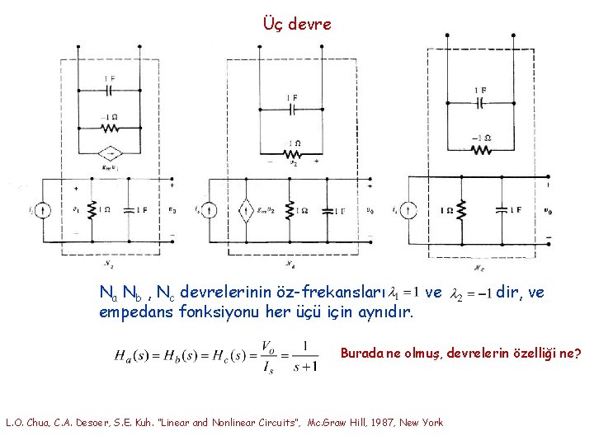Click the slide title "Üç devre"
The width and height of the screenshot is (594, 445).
(x=296, y=24)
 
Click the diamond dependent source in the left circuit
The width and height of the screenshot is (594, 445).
(x=109, y=154)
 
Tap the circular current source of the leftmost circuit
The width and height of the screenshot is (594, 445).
(x=45, y=211)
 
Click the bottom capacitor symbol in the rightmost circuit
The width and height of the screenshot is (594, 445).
(x=500, y=210)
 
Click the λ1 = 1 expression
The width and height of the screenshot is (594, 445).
(x=406, y=293)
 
